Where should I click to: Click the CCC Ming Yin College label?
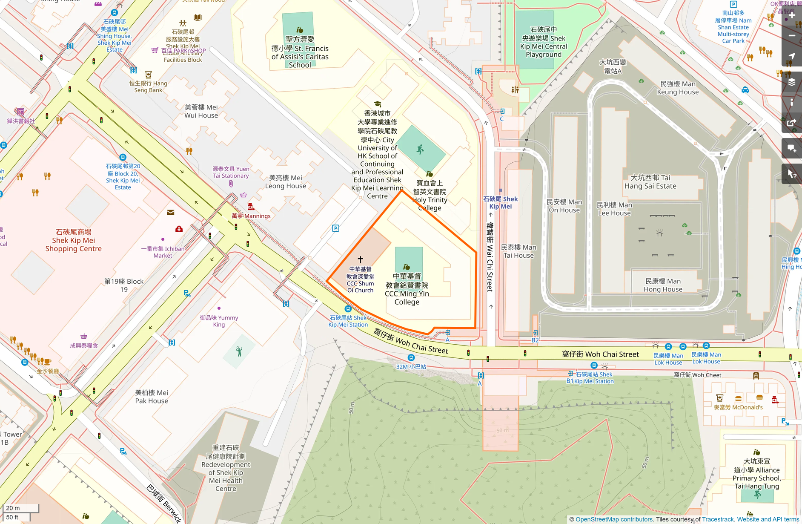tap(407, 289)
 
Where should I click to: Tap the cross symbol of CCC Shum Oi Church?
tap(360, 259)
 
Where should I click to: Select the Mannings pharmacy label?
tap(251, 216)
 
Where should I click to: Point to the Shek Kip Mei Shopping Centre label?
tap(73, 240)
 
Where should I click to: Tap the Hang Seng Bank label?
tap(148, 86)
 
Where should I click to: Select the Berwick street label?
tap(164, 503)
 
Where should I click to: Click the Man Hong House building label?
tap(663, 285)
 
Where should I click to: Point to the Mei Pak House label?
tap(152, 397)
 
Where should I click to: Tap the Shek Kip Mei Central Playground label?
tap(544, 42)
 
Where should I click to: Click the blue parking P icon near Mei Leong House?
tap(335, 228)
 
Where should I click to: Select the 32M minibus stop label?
tap(411, 366)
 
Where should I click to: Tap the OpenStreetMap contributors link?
tap(614, 519)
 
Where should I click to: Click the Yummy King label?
tap(219, 321)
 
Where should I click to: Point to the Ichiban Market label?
tap(163, 252)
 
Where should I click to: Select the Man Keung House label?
tap(678, 88)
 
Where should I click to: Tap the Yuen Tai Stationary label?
tap(231, 172)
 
